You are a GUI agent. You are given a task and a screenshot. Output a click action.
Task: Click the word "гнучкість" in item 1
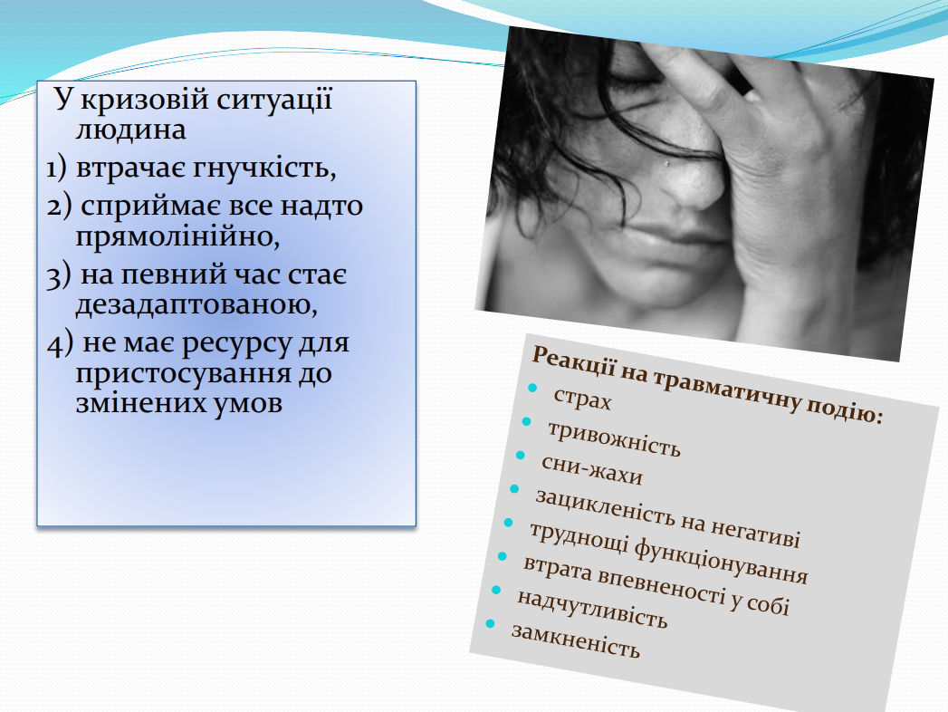pyautogui.click(x=263, y=168)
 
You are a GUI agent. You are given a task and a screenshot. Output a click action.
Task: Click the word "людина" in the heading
pyautogui.click(x=130, y=130)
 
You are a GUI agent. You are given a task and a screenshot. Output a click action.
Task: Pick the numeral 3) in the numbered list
pyautogui.click(x=59, y=276)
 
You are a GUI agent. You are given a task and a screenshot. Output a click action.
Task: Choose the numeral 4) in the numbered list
pyautogui.click(x=60, y=343)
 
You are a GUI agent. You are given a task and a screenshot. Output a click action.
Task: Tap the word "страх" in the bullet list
pyautogui.click(x=582, y=399)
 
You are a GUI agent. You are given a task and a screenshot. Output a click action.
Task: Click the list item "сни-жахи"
pyautogui.click(x=592, y=470)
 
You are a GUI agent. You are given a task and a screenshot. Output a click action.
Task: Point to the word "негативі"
pyautogui.click(x=755, y=533)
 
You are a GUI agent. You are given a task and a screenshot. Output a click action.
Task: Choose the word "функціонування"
pyautogui.click(x=721, y=561)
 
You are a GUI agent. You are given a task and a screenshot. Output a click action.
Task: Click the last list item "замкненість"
pyautogui.click(x=576, y=640)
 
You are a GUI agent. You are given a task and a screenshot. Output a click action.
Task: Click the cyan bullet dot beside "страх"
pyautogui.click(x=532, y=388)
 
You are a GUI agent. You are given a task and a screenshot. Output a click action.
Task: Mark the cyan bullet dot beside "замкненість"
pyautogui.click(x=491, y=623)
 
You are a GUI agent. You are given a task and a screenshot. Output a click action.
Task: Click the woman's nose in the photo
pyautogui.click(x=694, y=181)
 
